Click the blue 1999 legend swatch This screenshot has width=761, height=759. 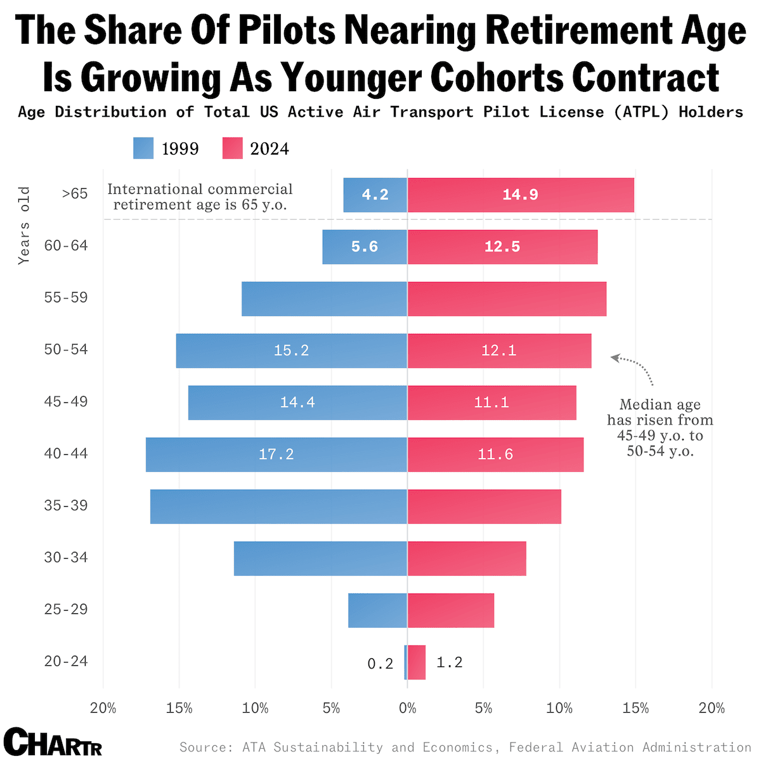143,148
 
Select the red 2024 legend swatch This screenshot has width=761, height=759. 232,148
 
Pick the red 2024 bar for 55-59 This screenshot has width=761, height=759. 507,298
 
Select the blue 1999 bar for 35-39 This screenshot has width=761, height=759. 278,506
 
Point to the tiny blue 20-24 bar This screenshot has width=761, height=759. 405,662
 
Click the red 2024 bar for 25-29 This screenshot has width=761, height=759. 450,610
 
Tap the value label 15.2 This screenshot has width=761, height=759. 291,350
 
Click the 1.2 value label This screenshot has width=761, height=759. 450,662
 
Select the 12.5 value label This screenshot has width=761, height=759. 502,246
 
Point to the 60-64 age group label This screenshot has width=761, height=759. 66,245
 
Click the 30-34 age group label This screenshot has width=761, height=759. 66,558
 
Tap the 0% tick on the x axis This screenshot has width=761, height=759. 407,708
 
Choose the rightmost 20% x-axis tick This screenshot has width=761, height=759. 712,708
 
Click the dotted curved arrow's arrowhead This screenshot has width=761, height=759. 614,358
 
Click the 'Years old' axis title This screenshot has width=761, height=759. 24,225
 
